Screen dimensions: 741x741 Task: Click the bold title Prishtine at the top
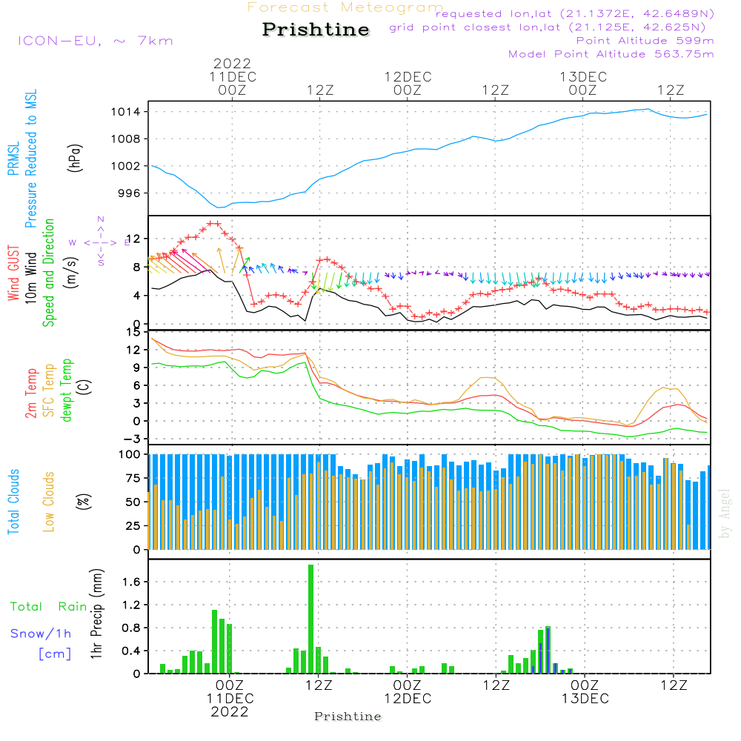[x=316, y=30]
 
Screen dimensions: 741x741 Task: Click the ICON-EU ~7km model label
[x=96, y=41]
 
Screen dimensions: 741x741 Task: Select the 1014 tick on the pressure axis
[x=126, y=112]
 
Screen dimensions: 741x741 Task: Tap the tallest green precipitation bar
[x=310, y=619]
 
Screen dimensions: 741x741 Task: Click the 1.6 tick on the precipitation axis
[x=131, y=582]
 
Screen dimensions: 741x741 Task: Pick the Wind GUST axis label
[x=13, y=273]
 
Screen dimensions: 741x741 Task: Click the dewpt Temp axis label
[x=66, y=390]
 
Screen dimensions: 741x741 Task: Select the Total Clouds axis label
[x=13, y=502]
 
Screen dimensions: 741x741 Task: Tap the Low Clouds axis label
[x=49, y=502]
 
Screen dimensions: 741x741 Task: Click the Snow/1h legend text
[x=41, y=634]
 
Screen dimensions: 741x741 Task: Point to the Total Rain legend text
[x=49, y=606]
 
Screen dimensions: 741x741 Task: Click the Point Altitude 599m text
[x=645, y=41]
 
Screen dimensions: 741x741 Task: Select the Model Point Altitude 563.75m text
[x=611, y=54]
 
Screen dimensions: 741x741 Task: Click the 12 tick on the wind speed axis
[x=133, y=239]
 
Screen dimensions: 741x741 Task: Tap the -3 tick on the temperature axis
[x=130, y=439]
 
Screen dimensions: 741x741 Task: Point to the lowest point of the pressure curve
[x=218, y=207]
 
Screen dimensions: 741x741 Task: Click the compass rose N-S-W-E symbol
[x=100, y=242]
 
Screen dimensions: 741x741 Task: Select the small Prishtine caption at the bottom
[x=348, y=717]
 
